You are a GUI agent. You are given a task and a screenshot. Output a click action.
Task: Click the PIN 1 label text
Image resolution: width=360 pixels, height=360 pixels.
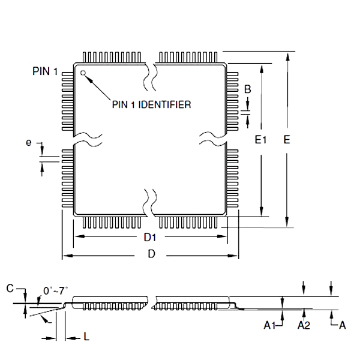[x=45, y=71]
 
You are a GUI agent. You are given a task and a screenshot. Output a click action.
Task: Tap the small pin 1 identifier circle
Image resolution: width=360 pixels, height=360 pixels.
[x=83, y=74]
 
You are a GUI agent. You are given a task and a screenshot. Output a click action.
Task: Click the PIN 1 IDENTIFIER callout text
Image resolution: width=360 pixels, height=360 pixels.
[x=152, y=104]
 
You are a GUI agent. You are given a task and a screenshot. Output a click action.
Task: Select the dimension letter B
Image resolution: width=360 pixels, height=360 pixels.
[x=247, y=89]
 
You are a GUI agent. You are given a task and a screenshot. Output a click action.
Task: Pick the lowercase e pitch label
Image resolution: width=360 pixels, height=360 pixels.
[x=28, y=142]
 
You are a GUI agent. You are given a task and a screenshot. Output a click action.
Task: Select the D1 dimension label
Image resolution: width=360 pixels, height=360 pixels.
[x=150, y=238]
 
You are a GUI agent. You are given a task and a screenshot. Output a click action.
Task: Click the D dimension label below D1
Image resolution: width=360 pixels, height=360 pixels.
[x=151, y=255]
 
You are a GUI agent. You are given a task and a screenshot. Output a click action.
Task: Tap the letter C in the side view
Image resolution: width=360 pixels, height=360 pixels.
[x=10, y=289]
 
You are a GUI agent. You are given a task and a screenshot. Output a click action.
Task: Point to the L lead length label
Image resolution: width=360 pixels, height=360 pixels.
[x=86, y=338]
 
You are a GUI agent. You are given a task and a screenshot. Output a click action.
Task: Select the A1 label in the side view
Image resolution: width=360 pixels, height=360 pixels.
[x=270, y=325]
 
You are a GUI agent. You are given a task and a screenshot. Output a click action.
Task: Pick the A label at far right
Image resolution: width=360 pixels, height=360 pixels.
[x=343, y=325]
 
